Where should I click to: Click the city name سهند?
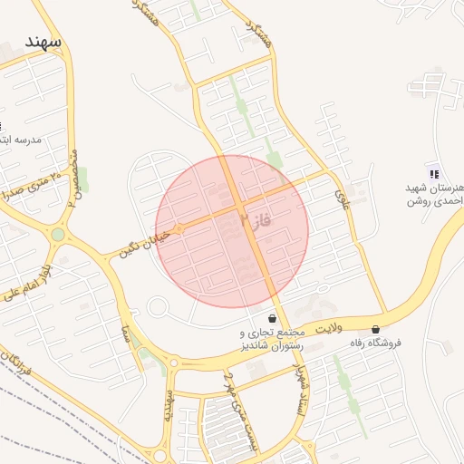[43, 43]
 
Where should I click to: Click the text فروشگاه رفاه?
[375, 343]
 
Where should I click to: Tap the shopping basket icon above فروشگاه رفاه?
[375, 329]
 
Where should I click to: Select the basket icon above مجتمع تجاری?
[272, 319]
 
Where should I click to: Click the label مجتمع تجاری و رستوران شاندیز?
[273, 340]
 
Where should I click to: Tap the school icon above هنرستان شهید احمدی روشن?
[433, 173]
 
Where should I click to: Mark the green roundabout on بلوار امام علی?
[58, 235]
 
